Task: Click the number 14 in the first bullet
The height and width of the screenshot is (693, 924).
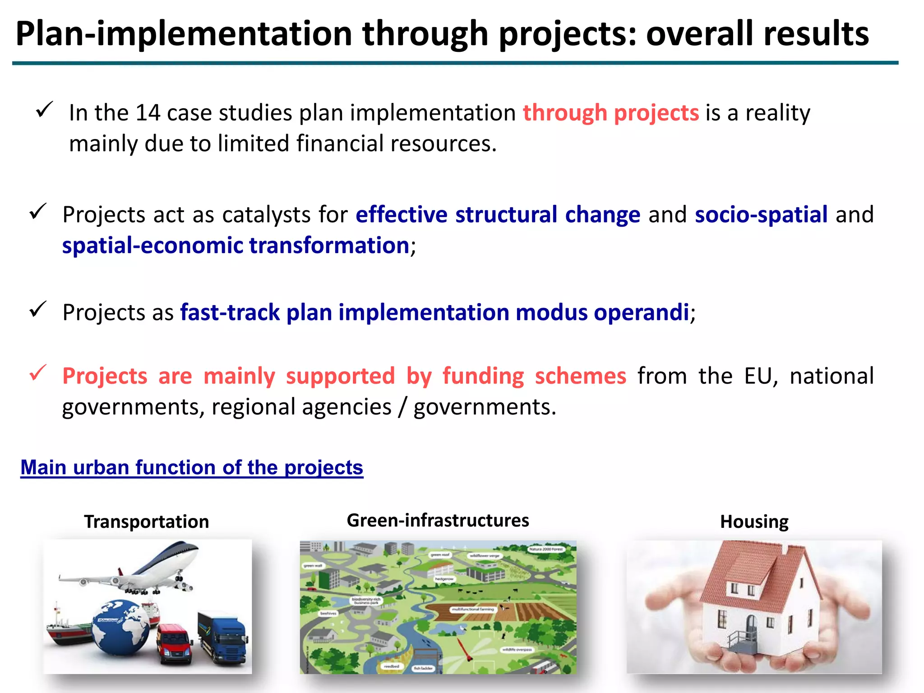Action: pyautogui.click(x=148, y=113)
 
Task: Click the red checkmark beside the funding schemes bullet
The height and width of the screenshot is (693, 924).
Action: pyautogui.click(x=38, y=373)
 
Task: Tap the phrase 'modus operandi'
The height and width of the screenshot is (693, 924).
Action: pyautogui.click(x=602, y=313)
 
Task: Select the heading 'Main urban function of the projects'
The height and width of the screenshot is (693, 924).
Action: pyautogui.click(x=192, y=467)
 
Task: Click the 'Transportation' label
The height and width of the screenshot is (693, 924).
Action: pyautogui.click(x=146, y=522)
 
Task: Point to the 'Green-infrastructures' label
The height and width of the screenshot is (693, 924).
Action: pyautogui.click(x=438, y=520)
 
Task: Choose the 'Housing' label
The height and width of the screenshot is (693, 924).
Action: pyautogui.click(x=754, y=522)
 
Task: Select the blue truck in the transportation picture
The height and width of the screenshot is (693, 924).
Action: pyautogui.click(x=223, y=638)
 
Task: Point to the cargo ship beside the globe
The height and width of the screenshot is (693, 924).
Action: pyautogui.click(x=68, y=629)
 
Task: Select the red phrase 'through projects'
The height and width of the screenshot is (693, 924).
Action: pyautogui.click(x=610, y=113)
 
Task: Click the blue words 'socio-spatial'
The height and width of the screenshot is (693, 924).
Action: pyautogui.click(x=761, y=215)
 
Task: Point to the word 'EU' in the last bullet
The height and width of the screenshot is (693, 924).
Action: pyautogui.click(x=760, y=376)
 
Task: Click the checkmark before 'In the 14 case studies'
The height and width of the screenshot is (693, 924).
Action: pyautogui.click(x=44, y=109)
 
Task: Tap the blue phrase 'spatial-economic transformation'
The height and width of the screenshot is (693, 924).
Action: pyautogui.click(x=236, y=246)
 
